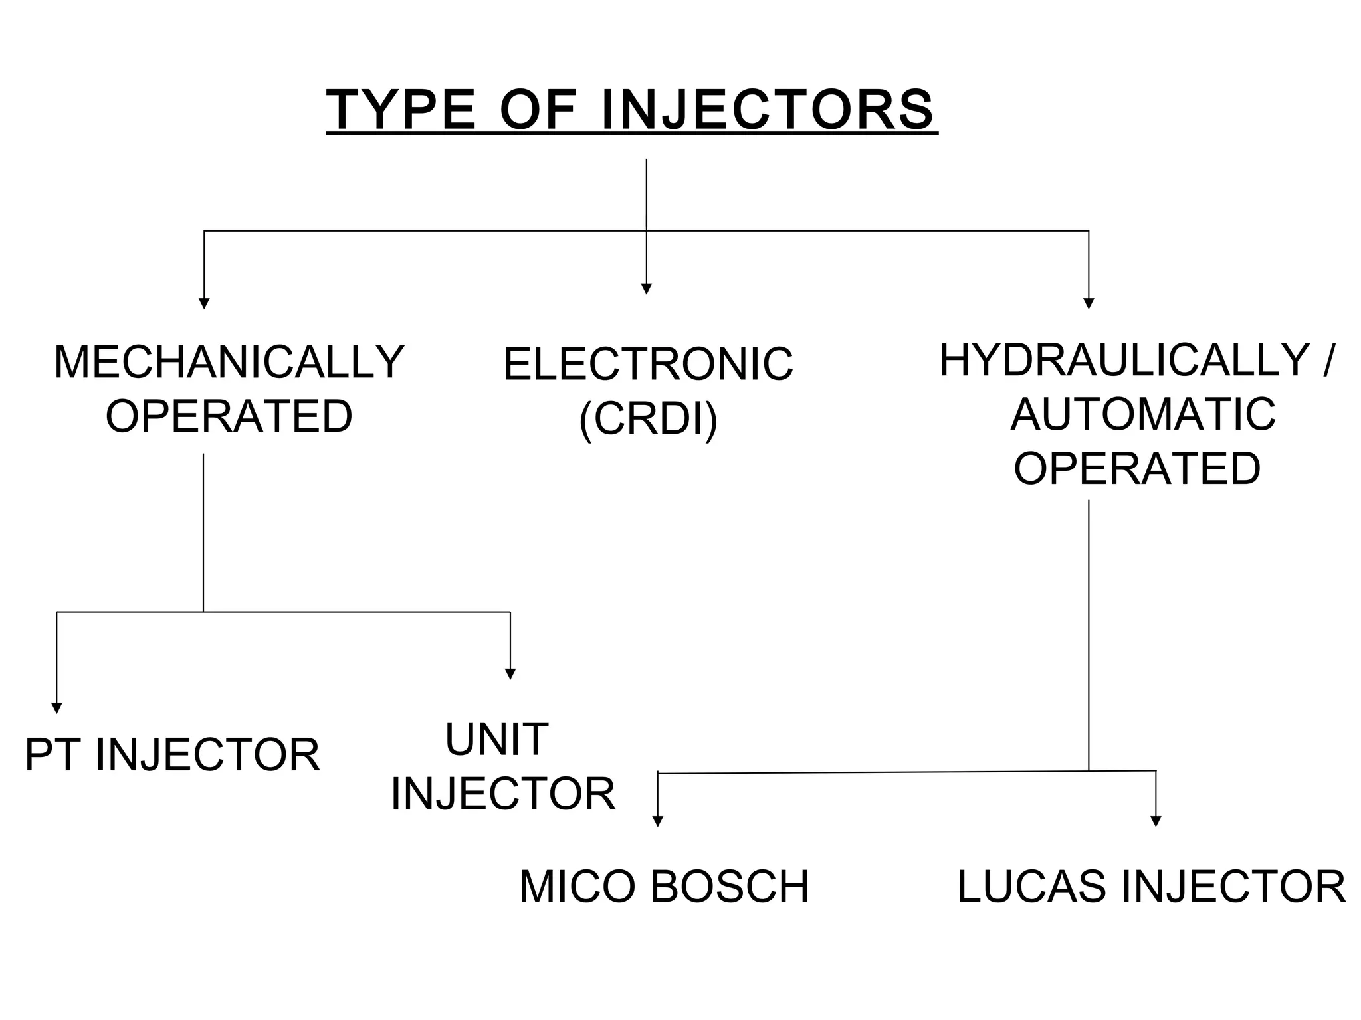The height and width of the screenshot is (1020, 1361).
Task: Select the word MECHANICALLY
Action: (x=229, y=363)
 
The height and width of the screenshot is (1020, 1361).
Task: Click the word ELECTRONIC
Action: (x=648, y=365)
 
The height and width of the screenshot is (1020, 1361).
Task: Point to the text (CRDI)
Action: (x=648, y=419)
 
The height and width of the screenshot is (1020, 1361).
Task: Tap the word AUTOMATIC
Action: (x=1142, y=414)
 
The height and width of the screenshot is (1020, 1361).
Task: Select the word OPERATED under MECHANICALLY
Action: (x=229, y=417)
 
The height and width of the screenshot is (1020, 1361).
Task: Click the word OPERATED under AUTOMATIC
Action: (x=1137, y=468)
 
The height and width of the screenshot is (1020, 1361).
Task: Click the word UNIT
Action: (x=496, y=739)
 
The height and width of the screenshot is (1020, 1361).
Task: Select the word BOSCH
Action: (x=730, y=887)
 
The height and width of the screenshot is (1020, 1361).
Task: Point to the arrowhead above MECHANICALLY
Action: (x=204, y=303)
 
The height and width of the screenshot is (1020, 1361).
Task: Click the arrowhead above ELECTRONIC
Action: (x=646, y=288)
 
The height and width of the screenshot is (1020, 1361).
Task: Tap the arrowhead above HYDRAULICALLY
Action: (x=1089, y=303)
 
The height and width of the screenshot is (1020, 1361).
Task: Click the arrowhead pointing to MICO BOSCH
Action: (x=658, y=821)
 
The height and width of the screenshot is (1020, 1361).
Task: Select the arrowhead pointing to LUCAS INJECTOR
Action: (x=1156, y=821)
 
